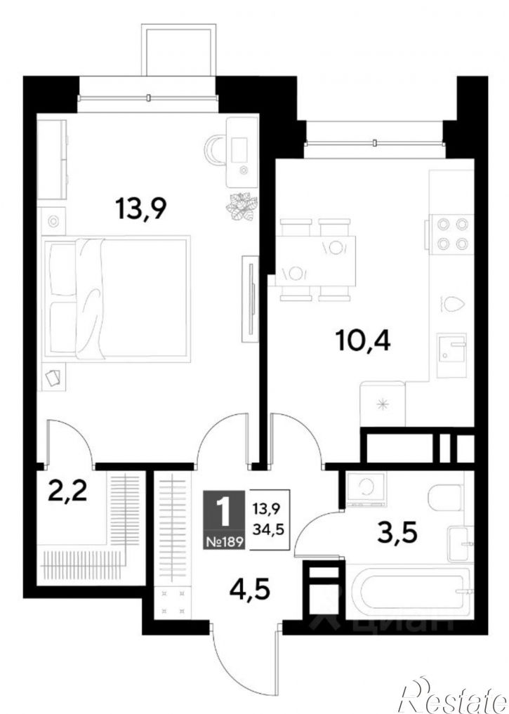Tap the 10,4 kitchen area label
tap(363, 341)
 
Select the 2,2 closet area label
tap(67, 491)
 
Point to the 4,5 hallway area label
tap(250, 590)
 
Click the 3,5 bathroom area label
tap(397, 533)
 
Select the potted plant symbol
tap(242, 208)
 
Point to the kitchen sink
tap(451, 355)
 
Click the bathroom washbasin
tap(461, 544)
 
